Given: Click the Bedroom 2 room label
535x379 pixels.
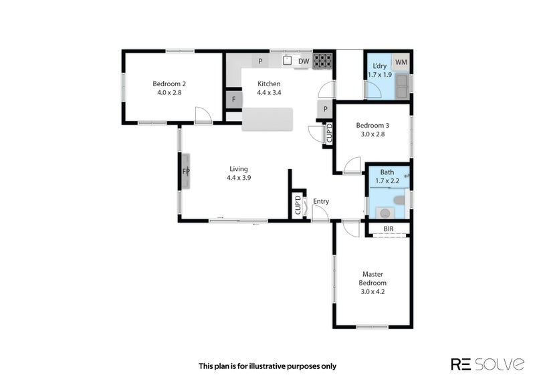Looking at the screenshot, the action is click(x=169, y=88).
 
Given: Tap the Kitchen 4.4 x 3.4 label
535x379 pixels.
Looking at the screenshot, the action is click(x=269, y=88).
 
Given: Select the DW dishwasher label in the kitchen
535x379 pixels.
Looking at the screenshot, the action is click(x=304, y=61).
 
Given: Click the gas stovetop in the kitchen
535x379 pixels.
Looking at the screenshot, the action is click(x=322, y=61).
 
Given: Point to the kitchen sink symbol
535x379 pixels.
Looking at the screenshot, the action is click(x=288, y=60).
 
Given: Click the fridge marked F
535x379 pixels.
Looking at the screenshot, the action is click(x=233, y=100).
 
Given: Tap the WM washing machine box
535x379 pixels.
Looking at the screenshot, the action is click(x=401, y=62).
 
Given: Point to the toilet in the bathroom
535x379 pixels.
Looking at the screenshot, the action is click(x=399, y=200).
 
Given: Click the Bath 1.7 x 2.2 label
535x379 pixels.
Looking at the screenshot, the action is click(x=387, y=176).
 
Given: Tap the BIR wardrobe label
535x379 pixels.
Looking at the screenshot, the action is click(x=389, y=229).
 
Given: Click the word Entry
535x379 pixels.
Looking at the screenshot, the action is click(x=321, y=201).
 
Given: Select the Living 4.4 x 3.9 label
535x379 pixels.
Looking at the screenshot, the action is click(x=239, y=173).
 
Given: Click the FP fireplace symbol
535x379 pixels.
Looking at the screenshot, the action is click(x=186, y=171).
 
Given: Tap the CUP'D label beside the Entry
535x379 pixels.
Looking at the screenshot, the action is click(x=298, y=205).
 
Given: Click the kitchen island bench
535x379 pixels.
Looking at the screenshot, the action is click(x=267, y=119).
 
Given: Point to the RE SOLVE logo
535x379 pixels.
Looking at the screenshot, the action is click(x=488, y=364).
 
